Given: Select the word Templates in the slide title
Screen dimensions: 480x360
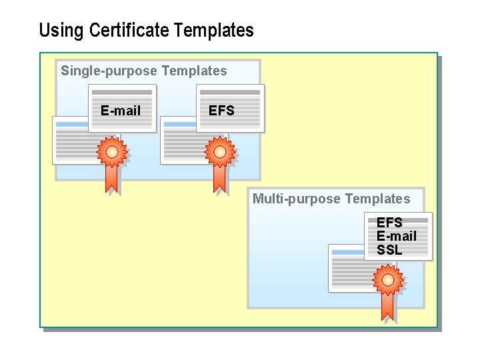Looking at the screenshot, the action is click(214, 31).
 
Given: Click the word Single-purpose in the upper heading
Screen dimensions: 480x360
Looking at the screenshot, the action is click(109, 71).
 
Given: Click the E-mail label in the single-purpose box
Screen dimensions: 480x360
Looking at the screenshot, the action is click(121, 111).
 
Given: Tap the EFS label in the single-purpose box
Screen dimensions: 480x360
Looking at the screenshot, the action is click(221, 111).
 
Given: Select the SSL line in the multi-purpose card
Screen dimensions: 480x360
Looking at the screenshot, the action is click(389, 251).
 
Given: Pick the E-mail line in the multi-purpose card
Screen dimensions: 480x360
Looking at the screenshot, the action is click(397, 236).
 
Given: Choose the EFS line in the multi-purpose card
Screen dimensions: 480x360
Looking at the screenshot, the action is click(389, 223).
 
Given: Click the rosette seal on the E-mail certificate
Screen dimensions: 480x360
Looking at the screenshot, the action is click(111, 152).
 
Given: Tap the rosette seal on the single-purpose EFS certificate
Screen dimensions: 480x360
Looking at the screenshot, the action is click(219, 152).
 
